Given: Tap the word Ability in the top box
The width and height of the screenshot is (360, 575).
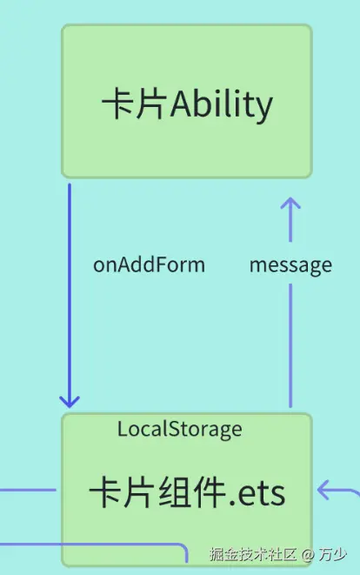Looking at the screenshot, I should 222,105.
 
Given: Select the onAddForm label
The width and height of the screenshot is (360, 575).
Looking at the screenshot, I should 149,265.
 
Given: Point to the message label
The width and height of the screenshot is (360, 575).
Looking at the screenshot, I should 290,265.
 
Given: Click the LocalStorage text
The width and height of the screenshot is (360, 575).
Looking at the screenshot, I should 180,429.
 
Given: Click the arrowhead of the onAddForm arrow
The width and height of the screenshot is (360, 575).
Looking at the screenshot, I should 70,401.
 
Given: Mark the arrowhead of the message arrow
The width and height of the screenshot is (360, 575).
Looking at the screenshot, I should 290,205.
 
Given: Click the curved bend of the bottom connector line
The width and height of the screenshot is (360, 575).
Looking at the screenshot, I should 183,549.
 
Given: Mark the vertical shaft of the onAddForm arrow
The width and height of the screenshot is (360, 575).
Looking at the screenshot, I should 70,287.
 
